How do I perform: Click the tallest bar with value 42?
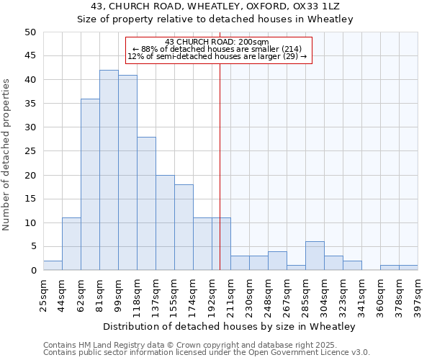109,170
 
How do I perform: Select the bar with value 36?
90,184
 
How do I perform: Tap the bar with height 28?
146,204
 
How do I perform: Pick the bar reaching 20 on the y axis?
165,222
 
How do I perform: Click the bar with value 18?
184,228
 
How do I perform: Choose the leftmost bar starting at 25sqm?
53,266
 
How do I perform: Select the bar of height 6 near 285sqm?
315,256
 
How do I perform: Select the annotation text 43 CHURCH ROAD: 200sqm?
217,42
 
